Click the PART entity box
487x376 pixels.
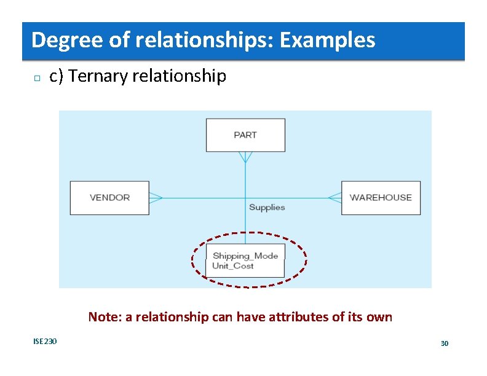[245, 135]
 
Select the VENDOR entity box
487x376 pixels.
[109, 197]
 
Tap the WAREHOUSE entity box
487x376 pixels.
[381, 197]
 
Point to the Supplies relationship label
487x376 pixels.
[267, 208]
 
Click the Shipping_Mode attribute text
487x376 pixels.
[245, 256]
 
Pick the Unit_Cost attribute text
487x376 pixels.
[233, 266]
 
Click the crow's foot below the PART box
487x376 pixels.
[245, 157]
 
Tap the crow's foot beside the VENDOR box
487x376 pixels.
[156, 198]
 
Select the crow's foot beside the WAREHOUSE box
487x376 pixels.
[335, 198]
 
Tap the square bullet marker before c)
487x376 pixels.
[36, 78]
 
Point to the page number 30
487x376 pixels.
[445, 343]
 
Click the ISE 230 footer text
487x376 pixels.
[45, 341]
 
